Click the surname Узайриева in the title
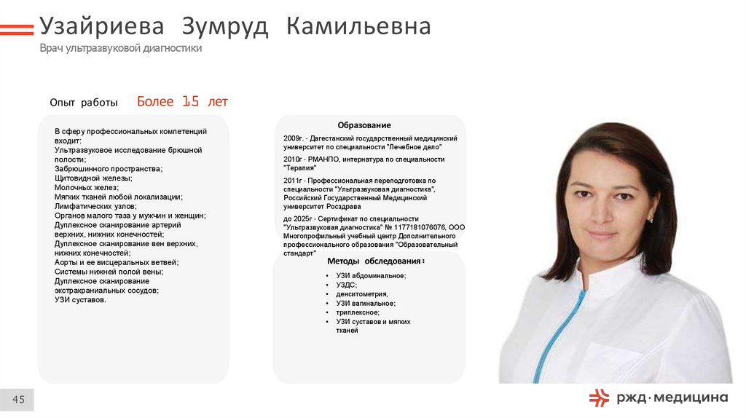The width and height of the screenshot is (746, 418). click(x=100, y=27)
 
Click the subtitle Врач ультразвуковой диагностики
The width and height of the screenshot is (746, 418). click(x=120, y=48)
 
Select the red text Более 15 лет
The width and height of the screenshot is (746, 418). click(x=182, y=102)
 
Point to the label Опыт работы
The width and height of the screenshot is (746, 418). click(x=84, y=103)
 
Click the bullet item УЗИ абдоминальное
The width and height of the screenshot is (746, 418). click(x=371, y=276)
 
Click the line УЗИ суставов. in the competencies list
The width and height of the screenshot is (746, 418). click(x=80, y=299)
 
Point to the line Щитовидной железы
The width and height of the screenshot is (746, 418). click(x=93, y=178)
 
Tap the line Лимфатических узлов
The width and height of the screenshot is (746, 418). click(x=95, y=206)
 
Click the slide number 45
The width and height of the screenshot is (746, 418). click(x=18, y=399)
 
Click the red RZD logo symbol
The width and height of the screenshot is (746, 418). click(x=599, y=397)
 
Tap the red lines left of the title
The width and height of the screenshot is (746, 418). click(x=17, y=29)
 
